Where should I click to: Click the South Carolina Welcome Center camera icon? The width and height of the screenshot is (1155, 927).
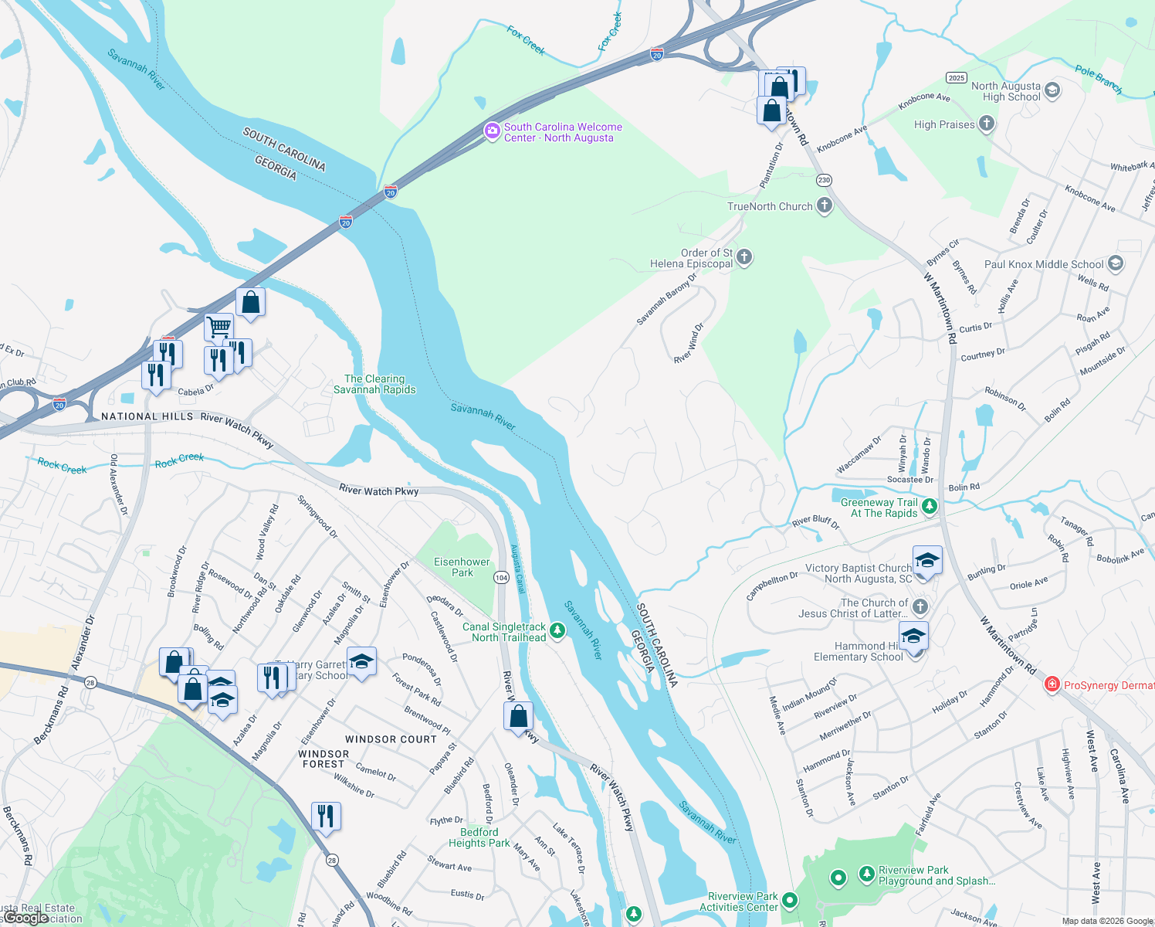coord(492,131)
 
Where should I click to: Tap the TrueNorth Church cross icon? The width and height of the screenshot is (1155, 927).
coord(825,205)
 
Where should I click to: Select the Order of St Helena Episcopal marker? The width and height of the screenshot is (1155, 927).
coord(744,257)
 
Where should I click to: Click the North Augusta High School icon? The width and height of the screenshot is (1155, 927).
coord(1052,91)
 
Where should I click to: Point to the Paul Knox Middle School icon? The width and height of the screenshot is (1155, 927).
coord(1115,263)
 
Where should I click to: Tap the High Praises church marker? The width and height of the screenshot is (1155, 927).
coord(986,124)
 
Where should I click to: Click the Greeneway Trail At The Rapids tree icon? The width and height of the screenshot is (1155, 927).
coord(930,507)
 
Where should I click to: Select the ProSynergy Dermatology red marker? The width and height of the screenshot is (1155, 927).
coord(1051,684)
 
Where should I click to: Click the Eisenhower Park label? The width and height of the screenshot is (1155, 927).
coord(462,567)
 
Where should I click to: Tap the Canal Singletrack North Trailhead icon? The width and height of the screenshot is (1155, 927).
coord(557,631)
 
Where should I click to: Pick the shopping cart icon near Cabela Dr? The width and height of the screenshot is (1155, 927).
coord(219,327)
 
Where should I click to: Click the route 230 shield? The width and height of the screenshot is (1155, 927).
coord(824,180)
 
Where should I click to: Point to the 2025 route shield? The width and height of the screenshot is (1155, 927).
coord(956,77)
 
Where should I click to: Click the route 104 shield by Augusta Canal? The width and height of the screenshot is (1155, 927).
coord(501,577)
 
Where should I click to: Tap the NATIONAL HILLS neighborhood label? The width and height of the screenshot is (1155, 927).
coord(147,416)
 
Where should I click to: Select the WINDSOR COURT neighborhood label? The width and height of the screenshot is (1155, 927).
coord(391,739)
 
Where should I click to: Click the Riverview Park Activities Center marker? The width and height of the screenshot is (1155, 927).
coord(789,901)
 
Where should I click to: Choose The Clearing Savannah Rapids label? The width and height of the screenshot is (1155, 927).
coord(374,384)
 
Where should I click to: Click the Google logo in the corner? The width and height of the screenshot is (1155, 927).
coord(25,918)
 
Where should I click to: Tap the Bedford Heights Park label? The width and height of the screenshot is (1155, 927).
coord(479,837)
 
